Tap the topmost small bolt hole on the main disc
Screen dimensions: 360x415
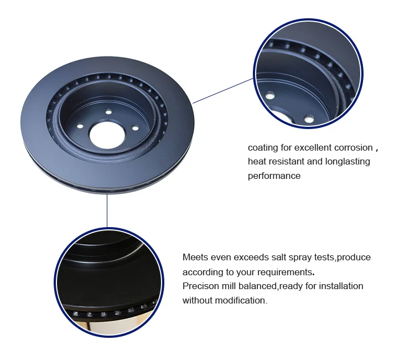(x=108, y=112)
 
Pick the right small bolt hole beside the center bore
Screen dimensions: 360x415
(x=134, y=129)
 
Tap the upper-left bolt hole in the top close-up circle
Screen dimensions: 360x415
(x=269, y=96)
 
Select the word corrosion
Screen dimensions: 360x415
(x=354, y=148)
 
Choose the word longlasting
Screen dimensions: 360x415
(x=345, y=162)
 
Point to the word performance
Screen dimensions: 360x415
(x=274, y=176)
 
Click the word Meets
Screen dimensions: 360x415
(x=196, y=258)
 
